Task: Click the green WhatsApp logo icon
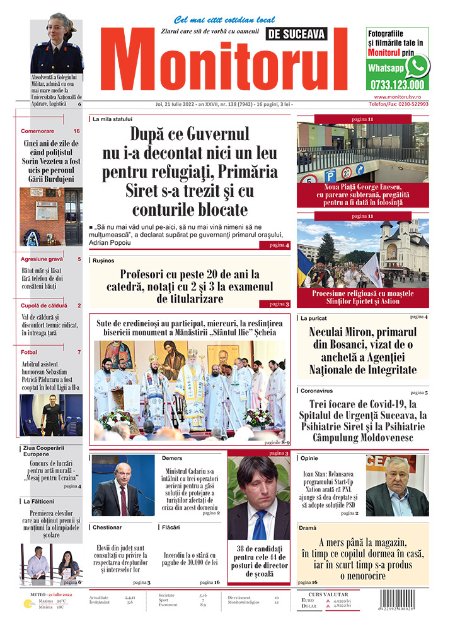coord(417,66)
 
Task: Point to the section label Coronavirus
coord(316,391)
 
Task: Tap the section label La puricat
coord(314,318)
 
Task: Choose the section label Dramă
coord(309,527)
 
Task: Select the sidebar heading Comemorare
coord(37,131)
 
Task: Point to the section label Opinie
coord(309,458)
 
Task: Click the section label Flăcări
coord(170,527)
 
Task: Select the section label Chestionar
coord(107,527)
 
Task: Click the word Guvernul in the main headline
coord(217,134)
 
